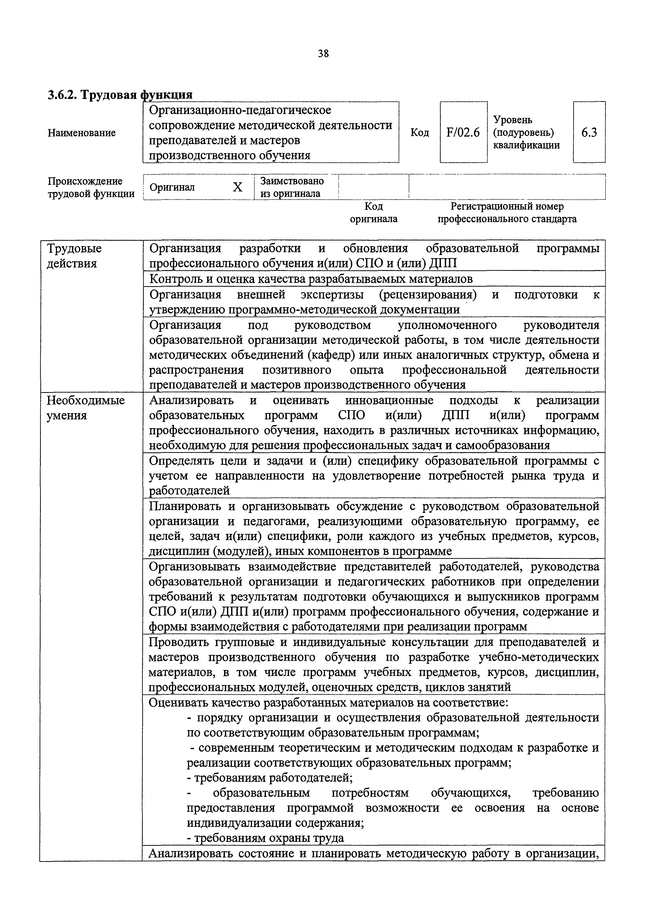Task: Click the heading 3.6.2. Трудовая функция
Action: tap(120, 95)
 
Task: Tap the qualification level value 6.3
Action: tap(589, 132)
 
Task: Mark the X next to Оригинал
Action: tap(237, 187)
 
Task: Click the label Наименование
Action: tap(82, 133)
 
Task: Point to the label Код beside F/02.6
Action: tap(420, 133)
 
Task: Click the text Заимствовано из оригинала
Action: tap(291, 187)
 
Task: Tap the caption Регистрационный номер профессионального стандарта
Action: tap(507, 212)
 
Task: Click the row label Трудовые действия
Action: tap(74, 256)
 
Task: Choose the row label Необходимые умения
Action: tap(86, 407)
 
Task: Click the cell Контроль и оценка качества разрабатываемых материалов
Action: tap(311, 279)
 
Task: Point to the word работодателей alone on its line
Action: tap(189, 491)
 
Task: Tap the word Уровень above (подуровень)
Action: tap(513, 119)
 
